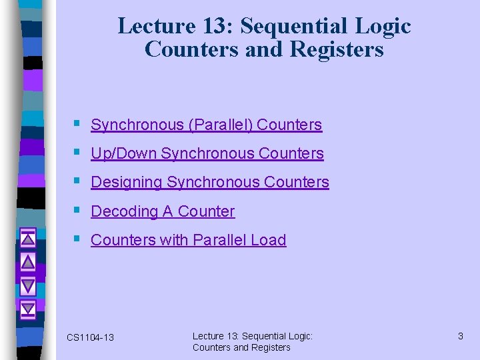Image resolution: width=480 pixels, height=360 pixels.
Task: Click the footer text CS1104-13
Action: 90,338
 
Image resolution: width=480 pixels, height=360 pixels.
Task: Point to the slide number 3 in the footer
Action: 460,336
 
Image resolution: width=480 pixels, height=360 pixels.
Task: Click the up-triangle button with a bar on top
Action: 27,237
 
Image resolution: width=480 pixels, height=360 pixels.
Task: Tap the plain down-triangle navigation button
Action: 27,285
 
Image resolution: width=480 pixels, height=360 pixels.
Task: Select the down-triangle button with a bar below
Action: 27,309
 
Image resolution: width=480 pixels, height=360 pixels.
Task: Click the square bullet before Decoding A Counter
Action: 78,210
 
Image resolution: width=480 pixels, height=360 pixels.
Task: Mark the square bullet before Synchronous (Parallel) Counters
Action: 78,123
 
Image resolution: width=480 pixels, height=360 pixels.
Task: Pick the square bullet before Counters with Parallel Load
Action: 78,239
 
